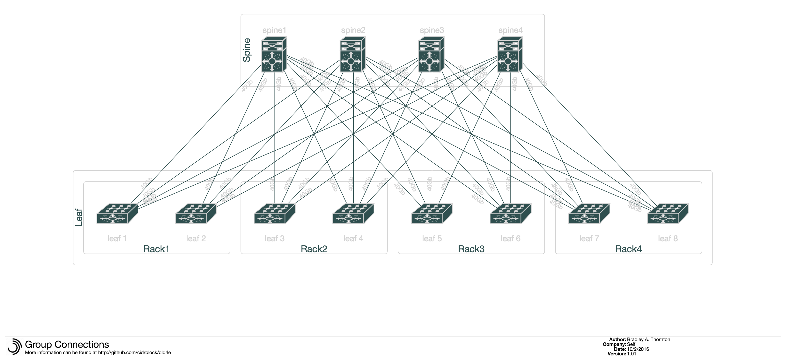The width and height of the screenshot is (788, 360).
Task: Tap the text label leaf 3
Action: tap(274, 238)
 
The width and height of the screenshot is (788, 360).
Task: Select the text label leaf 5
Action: tap(432, 238)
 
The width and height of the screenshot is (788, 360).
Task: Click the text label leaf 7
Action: tap(589, 238)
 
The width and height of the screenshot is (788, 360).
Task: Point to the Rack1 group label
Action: tap(156, 249)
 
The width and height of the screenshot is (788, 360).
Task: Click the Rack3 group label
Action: tap(471, 249)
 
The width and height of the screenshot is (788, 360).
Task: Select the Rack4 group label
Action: tap(628, 249)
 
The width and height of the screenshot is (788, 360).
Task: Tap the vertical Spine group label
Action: tap(247, 50)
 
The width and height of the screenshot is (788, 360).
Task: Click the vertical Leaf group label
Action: tap(79, 218)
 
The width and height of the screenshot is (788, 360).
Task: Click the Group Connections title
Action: tap(67, 344)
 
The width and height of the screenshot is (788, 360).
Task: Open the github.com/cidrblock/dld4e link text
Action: tap(134, 352)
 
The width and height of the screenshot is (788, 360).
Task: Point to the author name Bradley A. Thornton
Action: tap(648, 339)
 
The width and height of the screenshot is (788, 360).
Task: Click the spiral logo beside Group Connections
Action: tap(14, 346)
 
